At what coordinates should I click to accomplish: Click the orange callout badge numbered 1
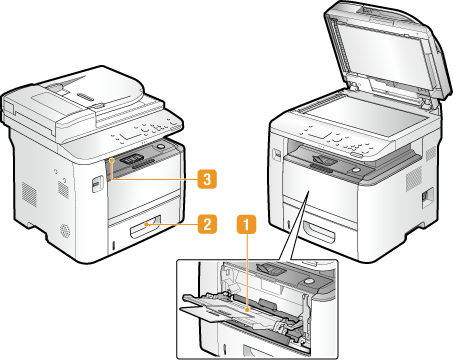click(x=247, y=224)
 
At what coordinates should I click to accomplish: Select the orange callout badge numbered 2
click(x=207, y=224)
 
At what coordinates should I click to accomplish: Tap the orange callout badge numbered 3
click(x=207, y=179)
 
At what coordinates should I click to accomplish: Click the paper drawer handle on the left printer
click(x=146, y=227)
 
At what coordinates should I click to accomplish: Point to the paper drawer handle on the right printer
click(x=319, y=231)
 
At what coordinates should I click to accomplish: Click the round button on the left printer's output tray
click(x=161, y=147)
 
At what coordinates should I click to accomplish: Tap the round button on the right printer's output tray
click(x=356, y=170)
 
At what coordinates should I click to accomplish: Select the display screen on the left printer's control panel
click(x=132, y=135)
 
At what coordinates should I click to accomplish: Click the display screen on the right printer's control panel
click(x=319, y=135)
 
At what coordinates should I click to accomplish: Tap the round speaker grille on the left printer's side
click(x=65, y=231)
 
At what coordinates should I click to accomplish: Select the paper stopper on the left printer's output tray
click(x=133, y=158)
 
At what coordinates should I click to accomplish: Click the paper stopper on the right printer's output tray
click(x=324, y=160)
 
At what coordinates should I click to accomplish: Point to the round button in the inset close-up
click(x=309, y=281)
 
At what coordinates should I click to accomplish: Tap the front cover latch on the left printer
click(x=96, y=183)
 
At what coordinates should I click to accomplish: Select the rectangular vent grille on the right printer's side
click(x=413, y=179)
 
